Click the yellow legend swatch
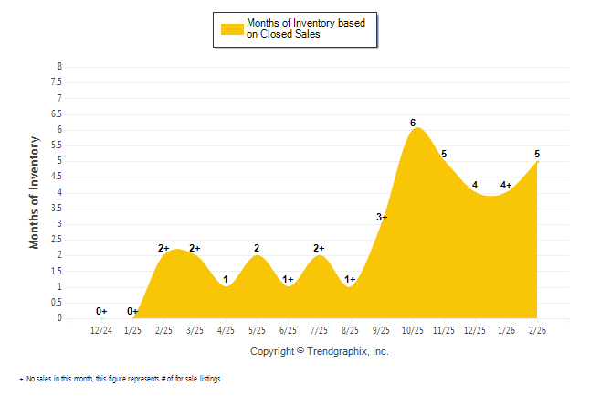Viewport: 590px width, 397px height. click(x=232, y=29)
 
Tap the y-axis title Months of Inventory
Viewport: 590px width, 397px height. click(x=35, y=192)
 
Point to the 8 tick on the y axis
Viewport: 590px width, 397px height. click(x=60, y=67)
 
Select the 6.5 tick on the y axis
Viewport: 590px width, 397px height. click(x=58, y=113)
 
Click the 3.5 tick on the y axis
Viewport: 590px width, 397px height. click(x=58, y=208)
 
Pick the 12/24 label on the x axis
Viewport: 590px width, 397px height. click(x=102, y=330)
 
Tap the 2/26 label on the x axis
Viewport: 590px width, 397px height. click(x=538, y=330)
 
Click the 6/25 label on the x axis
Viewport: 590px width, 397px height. click(x=289, y=330)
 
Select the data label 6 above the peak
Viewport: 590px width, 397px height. click(x=413, y=123)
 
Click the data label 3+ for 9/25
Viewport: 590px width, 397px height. click(x=382, y=217)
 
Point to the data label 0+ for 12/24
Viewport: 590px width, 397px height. click(x=101, y=311)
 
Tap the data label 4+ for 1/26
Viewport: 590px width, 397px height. click(x=506, y=186)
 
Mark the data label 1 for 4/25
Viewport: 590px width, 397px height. click(x=226, y=280)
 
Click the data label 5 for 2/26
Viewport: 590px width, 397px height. click(x=537, y=154)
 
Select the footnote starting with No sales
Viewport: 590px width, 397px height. click(x=122, y=379)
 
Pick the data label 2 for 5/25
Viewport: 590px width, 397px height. click(x=257, y=248)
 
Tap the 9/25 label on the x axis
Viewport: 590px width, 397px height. click(x=383, y=330)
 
